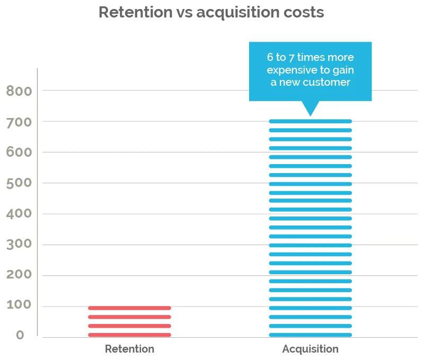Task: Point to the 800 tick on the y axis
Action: coord(19,92)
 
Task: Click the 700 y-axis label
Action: coord(19,122)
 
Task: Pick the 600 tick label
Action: coord(19,153)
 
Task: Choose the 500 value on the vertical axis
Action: coord(19,184)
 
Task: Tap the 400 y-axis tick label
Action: coord(19,214)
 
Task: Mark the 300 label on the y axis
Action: coord(19,245)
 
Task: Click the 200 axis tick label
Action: coord(19,275)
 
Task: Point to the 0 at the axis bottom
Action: coord(20,336)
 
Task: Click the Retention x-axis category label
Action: coord(129,349)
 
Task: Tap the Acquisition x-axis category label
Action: coord(310,349)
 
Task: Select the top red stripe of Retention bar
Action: coord(129,308)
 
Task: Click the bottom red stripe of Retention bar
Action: coord(129,335)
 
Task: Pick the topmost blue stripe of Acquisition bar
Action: coord(310,121)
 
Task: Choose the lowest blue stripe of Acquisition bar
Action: coord(310,335)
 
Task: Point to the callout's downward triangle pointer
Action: coord(310,108)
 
